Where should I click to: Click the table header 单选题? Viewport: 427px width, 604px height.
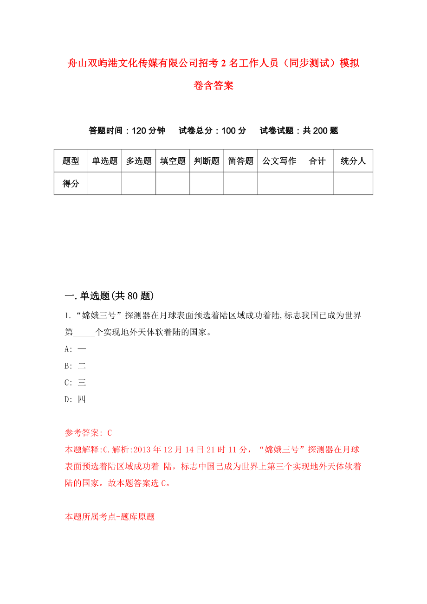[x=105, y=161]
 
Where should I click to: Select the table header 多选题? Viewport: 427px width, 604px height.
[x=139, y=161]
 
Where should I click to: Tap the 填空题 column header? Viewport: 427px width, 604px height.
[x=173, y=161]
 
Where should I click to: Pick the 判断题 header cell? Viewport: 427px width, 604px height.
[x=207, y=161]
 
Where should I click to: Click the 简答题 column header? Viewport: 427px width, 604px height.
[x=240, y=161]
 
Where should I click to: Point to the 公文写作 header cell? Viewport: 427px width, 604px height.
[x=279, y=161]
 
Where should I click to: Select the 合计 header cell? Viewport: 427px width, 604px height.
[x=317, y=161]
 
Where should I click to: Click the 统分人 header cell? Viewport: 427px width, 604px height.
[x=353, y=161]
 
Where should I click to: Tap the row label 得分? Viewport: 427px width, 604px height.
[x=71, y=183]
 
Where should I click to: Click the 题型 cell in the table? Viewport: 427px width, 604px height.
[x=71, y=161]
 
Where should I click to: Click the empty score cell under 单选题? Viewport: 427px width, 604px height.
[x=105, y=183]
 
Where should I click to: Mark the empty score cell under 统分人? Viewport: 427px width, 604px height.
[x=353, y=183]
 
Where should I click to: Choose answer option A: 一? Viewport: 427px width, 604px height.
[x=75, y=349]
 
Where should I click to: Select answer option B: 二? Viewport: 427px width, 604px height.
[x=75, y=366]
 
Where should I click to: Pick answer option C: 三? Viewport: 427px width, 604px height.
[x=75, y=382]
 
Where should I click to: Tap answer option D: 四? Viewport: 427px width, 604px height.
[x=75, y=399]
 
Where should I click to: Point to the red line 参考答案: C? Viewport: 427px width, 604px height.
[x=88, y=433]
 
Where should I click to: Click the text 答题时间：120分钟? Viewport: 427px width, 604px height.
[x=127, y=130]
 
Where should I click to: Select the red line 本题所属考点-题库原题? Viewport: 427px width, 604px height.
[x=110, y=516]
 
